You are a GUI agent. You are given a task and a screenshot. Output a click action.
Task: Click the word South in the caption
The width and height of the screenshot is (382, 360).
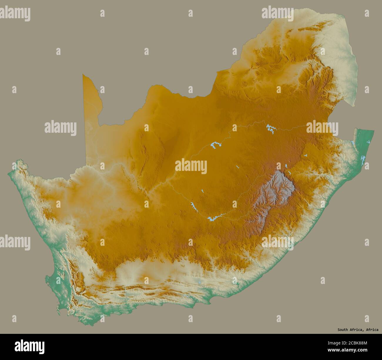pyautogui.click(x=343, y=330)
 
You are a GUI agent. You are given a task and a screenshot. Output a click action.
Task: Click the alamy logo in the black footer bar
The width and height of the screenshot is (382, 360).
pyautogui.click(x=30, y=346)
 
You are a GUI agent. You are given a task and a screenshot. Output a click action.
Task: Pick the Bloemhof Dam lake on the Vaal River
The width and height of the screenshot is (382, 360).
pyautogui.click(x=216, y=145)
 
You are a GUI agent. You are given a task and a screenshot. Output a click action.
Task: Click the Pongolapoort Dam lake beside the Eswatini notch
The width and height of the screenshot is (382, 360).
pyautogui.click(x=352, y=143)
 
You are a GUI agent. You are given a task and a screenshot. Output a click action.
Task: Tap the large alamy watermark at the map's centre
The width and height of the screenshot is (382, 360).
pyautogui.click(x=191, y=166)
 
